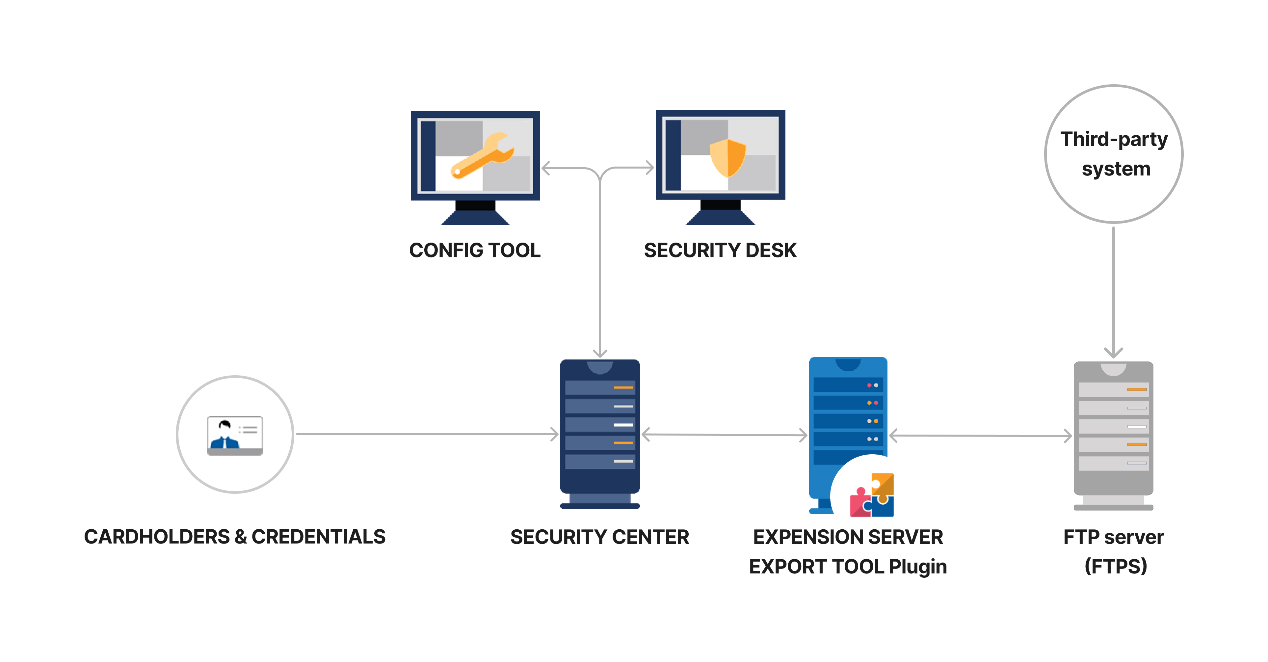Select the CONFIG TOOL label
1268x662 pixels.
[475, 250]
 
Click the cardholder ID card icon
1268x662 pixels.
[235, 436]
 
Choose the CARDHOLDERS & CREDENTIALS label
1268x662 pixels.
[235, 537]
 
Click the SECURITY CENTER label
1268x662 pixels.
[599, 537]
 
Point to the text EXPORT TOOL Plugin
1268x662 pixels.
[848, 567]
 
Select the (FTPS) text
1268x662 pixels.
[1115, 567]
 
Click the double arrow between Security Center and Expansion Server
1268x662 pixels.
[725, 435]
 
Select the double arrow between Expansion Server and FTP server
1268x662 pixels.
[981, 436]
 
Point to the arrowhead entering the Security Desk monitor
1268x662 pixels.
[650, 168]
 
